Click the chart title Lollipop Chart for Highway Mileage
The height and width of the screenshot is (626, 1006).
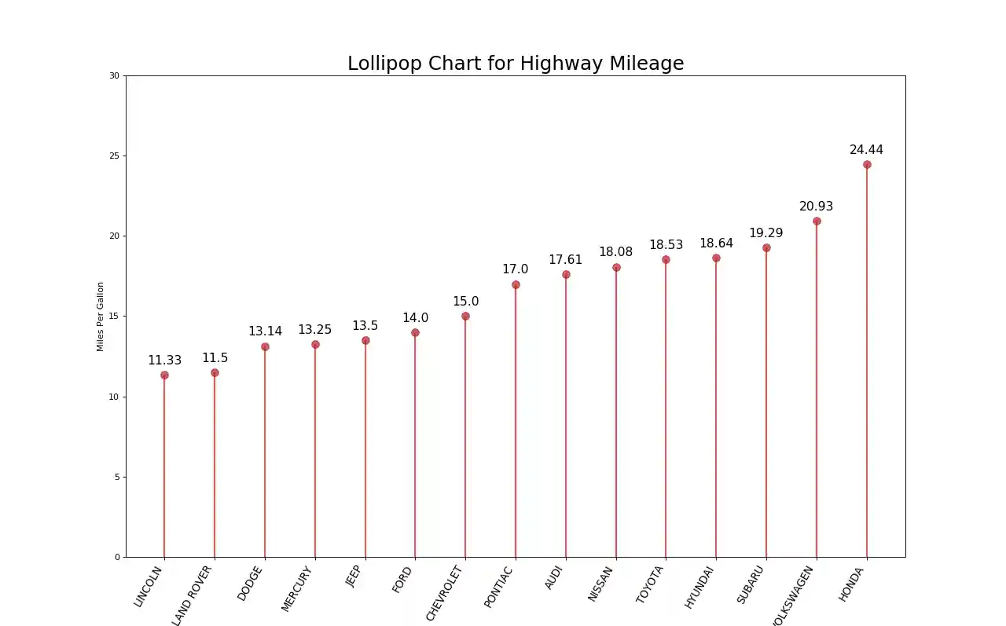(516, 64)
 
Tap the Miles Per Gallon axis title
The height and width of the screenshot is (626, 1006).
(101, 317)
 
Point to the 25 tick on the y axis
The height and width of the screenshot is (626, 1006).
(115, 156)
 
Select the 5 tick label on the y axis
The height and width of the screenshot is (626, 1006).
(117, 477)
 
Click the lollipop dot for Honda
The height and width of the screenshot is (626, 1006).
(867, 165)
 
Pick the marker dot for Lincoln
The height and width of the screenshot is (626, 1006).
(164, 375)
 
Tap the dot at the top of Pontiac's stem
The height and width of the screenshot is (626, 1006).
(516, 284)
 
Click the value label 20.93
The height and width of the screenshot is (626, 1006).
(816, 207)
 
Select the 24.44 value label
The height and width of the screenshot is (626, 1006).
(866, 150)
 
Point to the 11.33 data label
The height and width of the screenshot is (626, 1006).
(164, 361)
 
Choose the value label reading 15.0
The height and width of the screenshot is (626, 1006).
(465, 302)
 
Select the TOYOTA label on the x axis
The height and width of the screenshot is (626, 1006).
(651, 584)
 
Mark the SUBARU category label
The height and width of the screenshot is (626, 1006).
(751, 585)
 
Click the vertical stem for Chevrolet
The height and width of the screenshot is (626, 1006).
(465, 440)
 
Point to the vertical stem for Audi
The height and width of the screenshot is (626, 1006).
(566, 416)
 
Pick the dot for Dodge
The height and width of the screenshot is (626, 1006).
(265, 346)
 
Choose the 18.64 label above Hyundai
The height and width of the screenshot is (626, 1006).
(716, 243)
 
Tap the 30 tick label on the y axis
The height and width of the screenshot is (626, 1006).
(115, 75)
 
